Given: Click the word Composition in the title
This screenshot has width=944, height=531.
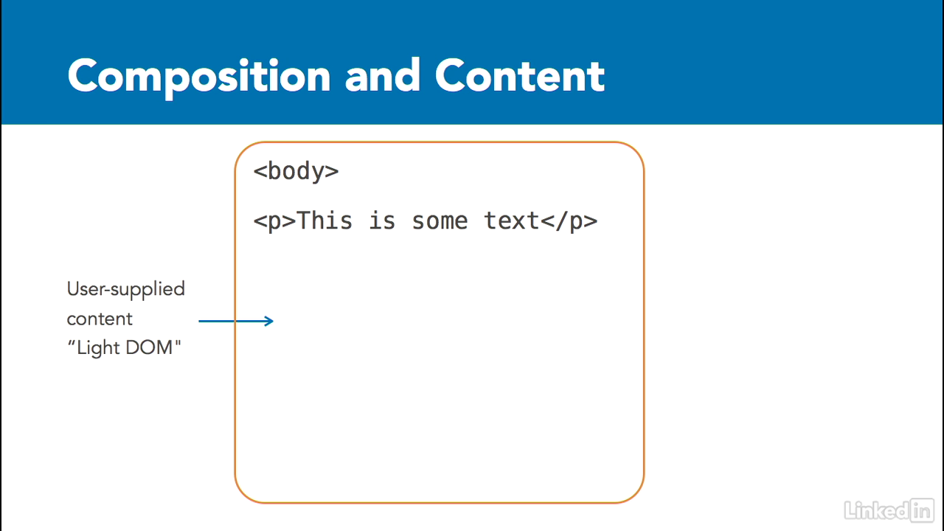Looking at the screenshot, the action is (x=199, y=78).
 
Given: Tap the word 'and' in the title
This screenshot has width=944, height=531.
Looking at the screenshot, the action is (x=382, y=75).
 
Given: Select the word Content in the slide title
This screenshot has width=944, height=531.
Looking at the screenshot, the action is (x=520, y=75).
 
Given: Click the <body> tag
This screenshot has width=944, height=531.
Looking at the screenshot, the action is (x=296, y=172).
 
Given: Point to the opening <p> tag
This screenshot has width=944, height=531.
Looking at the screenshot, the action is (x=274, y=222).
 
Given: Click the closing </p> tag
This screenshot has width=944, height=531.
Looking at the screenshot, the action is (x=569, y=221).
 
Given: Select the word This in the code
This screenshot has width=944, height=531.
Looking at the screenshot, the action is (x=324, y=221).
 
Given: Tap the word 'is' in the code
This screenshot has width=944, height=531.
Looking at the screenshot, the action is (x=382, y=221).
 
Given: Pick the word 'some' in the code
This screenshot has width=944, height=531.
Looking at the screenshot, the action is (x=440, y=222).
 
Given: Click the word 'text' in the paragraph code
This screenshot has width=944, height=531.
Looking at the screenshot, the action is (x=512, y=221).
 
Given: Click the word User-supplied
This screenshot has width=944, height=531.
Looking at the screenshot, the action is (x=125, y=290).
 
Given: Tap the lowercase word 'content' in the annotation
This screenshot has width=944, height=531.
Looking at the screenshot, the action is (x=100, y=319).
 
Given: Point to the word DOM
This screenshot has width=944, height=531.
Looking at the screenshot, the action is (x=149, y=347).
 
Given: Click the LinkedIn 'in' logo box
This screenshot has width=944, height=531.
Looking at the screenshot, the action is (x=922, y=510).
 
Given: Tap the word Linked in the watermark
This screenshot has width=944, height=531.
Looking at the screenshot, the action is (x=877, y=511).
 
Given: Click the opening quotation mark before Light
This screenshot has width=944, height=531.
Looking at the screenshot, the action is (x=72, y=342).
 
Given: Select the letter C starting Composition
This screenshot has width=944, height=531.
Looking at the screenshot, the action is (x=83, y=75).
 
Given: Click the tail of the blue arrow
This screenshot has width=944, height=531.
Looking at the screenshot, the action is (x=199, y=321).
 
